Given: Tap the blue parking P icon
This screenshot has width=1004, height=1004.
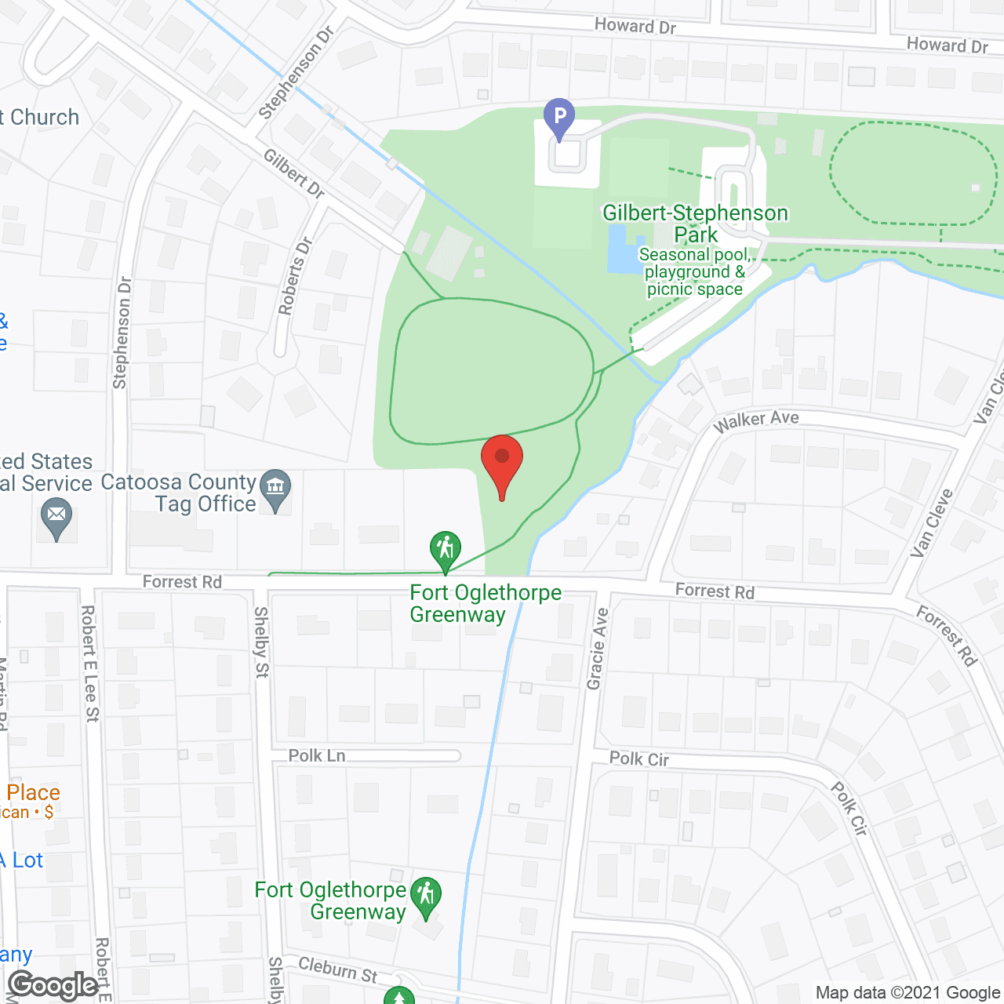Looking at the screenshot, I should click(559, 118).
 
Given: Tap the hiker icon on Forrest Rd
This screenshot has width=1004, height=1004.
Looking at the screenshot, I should click(445, 551).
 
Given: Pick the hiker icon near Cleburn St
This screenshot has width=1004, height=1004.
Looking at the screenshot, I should click(426, 897).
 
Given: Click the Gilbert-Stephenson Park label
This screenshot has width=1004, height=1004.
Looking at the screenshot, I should click(695, 224).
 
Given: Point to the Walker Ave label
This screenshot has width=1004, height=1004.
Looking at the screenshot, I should click(756, 420).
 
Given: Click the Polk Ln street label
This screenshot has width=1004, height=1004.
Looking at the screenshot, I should click(317, 755).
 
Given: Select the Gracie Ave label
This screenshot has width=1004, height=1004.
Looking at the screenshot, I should click(598, 649).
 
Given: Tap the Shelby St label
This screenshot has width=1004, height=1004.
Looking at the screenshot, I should click(261, 642).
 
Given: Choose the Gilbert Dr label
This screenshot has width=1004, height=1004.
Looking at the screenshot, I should click(294, 173).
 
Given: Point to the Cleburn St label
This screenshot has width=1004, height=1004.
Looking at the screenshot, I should click(338, 969).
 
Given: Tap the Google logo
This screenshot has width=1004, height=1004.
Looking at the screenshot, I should click(53, 985).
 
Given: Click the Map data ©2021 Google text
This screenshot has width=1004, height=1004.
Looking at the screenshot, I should click(908, 993).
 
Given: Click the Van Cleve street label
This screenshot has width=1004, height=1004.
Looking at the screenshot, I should click(932, 523).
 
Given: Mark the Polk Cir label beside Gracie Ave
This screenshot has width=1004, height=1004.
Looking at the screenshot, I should click(639, 758).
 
